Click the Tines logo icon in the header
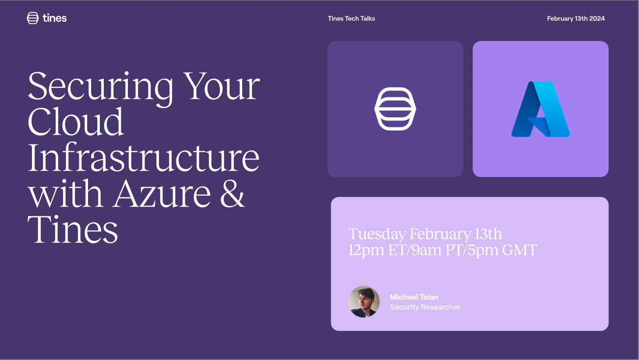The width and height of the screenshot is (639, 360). (32, 18)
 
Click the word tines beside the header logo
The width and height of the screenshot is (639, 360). (54, 18)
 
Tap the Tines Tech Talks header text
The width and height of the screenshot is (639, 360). (351, 18)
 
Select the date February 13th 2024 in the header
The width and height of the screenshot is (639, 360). (575, 18)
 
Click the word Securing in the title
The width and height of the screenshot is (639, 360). (100, 88)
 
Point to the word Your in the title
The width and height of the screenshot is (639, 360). (221, 86)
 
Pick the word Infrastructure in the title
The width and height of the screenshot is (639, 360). (144, 157)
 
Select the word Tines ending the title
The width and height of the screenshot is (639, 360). (73, 229)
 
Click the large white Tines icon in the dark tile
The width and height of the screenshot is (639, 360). (395, 109)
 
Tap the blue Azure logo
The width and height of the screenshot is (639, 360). (540, 109)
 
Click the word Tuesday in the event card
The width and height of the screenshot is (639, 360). (377, 234)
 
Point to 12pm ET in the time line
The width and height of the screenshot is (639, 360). (378, 250)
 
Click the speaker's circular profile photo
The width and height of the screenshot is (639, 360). (364, 302)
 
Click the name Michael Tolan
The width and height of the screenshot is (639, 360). (414, 297)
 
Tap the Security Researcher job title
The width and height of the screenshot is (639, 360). (425, 307)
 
